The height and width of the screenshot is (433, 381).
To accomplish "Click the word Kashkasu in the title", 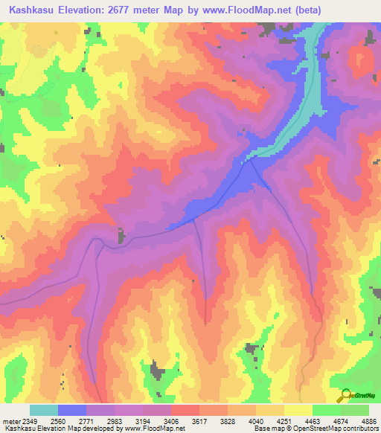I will click(x=31, y=10).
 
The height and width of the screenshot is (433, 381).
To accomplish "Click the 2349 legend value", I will click(x=28, y=421).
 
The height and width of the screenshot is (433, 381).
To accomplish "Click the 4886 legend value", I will click(x=370, y=421).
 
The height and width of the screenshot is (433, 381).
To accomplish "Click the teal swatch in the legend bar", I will click(x=44, y=410).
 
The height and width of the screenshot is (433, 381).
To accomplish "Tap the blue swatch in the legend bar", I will click(x=72, y=410).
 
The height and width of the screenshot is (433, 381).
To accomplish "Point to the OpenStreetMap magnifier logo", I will click(x=347, y=394).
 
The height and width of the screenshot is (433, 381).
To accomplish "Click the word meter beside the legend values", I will click(x=9, y=421).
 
